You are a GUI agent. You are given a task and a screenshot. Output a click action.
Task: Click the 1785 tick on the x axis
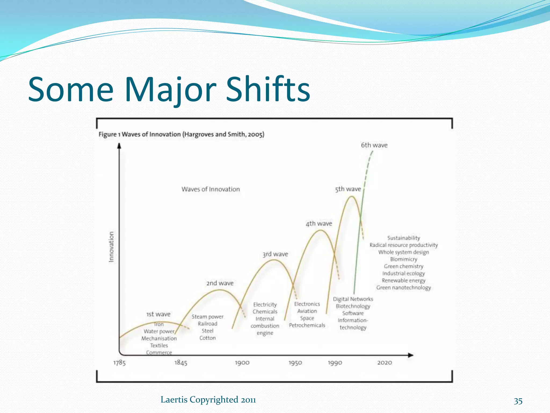pos(120,363)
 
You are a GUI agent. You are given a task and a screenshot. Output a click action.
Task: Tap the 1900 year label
pos(242,363)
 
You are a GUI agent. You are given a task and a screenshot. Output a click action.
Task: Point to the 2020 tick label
pos(385,363)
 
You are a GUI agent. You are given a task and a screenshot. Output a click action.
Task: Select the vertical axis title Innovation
pos(111,247)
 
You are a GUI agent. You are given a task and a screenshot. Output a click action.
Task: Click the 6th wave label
pos(374,145)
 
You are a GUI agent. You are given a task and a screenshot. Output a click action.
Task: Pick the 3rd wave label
pos(275,254)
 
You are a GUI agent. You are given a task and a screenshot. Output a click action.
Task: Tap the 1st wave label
pos(158,314)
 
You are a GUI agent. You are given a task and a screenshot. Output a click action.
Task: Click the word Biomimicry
pos(404,259)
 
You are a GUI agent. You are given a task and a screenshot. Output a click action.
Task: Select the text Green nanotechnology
pos(403,288)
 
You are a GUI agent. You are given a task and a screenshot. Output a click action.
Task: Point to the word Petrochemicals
pos(307,325)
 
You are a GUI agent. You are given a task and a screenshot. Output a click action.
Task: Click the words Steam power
pos(207,317)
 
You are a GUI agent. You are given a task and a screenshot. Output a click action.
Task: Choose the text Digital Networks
pos(353,299)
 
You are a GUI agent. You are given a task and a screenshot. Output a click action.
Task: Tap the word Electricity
pos(265,305)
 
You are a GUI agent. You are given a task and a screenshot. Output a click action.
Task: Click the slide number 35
pos(518,401)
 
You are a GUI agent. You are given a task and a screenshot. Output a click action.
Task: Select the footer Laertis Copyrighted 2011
pos(208,400)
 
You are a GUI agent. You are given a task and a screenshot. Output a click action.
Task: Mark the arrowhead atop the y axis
pos(119,146)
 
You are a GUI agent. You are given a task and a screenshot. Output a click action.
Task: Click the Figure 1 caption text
pos(181,134)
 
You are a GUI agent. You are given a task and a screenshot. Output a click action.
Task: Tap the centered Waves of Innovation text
pos(211,189)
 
